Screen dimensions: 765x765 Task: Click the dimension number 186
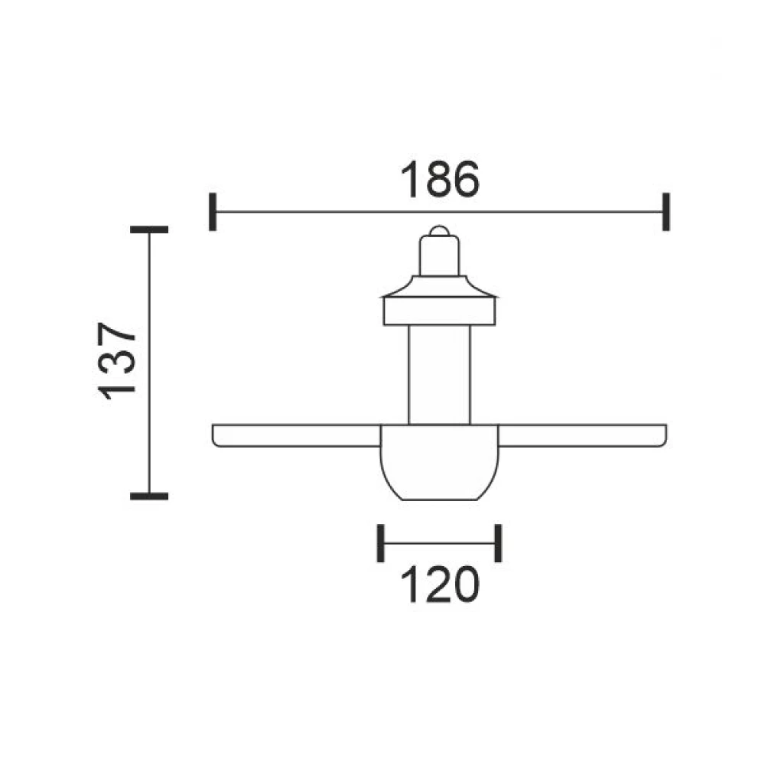pyautogui.click(x=440, y=179)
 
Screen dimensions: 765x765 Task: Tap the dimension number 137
pyautogui.click(x=116, y=360)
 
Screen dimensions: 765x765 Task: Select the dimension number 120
pyautogui.click(x=440, y=584)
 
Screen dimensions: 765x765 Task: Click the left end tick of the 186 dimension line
pyautogui.click(x=212, y=212)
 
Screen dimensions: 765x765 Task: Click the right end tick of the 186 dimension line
pyautogui.click(x=666, y=212)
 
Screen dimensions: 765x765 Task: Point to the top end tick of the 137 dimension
pyautogui.click(x=149, y=229)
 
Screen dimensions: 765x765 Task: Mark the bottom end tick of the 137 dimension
pyautogui.click(x=149, y=496)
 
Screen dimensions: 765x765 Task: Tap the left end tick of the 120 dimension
pyautogui.click(x=380, y=543)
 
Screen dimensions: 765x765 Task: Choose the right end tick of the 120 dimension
pyautogui.click(x=498, y=543)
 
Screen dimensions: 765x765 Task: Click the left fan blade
pyautogui.click(x=297, y=436)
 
